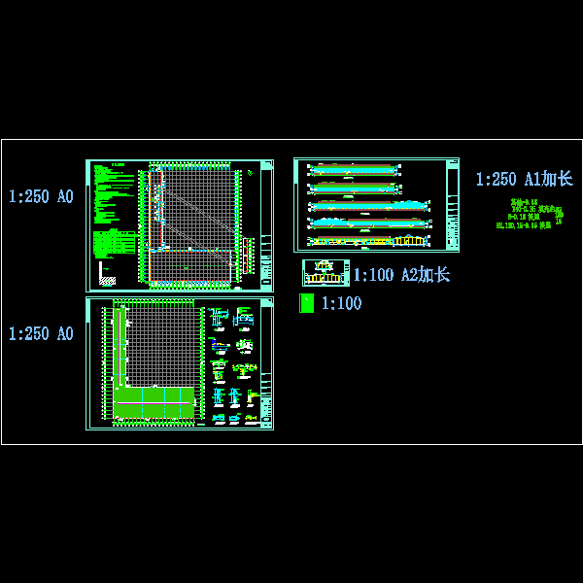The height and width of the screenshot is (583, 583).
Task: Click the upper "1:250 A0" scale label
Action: tap(41, 197)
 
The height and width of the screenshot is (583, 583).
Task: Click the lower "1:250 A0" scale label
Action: tap(41, 334)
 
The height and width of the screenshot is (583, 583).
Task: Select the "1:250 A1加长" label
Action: tap(524, 179)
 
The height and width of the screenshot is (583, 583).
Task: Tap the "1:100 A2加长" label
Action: tap(400, 275)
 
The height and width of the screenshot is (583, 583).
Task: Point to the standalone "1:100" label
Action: tap(341, 304)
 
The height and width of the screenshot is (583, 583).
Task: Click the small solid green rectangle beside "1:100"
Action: tap(306, 303)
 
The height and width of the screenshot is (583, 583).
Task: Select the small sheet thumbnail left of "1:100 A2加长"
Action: tap(326, 273)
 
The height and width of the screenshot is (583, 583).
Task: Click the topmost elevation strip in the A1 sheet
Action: tap(354, 170)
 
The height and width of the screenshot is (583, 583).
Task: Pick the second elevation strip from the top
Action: tap(354, 187)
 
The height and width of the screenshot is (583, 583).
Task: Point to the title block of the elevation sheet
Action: tap(452, 205)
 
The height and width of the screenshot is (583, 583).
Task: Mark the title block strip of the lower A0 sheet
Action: tap(267, 364)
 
